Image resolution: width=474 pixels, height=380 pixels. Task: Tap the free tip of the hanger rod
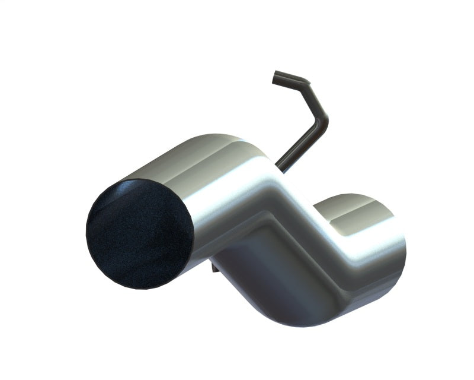tap(276, 77)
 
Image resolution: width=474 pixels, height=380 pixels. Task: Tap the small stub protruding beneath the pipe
tap(214, 268)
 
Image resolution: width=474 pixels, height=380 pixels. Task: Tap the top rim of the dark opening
tap(148, 181)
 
